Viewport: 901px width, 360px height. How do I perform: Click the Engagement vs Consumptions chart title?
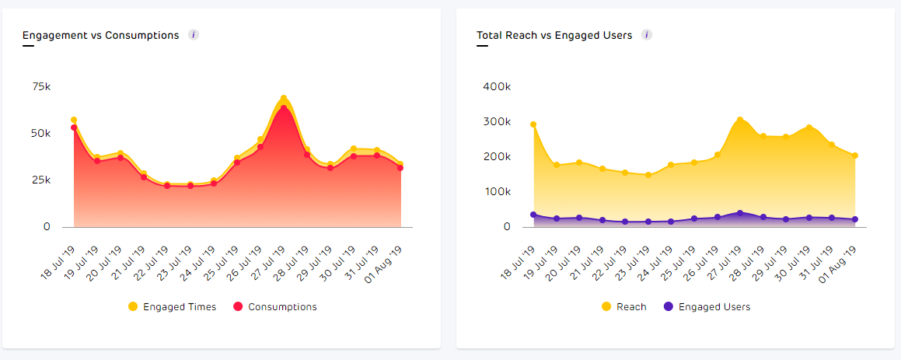pos(100,36)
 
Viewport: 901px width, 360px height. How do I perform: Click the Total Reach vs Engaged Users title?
pos(554,36)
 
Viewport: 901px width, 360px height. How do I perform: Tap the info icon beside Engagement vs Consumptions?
pos(194,35)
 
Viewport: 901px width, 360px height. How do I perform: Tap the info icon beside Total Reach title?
pos(647,35)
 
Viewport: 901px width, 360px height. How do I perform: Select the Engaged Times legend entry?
pos(172,307)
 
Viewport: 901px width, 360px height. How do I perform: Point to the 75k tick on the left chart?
pos(40,86)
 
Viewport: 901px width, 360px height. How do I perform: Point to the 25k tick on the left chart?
pos(40,180)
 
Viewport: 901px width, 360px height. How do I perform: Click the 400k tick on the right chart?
pos(496,86)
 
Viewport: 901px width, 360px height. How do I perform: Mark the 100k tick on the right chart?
pos(496,192)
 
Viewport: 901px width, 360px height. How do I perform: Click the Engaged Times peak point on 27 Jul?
pos(284,99)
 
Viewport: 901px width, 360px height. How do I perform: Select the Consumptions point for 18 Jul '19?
pos(74,128)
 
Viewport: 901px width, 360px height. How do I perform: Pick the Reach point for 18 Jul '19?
pos(533,124)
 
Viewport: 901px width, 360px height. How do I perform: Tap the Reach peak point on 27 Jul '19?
pos(740,120)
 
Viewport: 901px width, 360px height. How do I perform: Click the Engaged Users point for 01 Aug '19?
pos(855,219)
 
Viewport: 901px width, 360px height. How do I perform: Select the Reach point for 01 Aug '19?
pos(855,156)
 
